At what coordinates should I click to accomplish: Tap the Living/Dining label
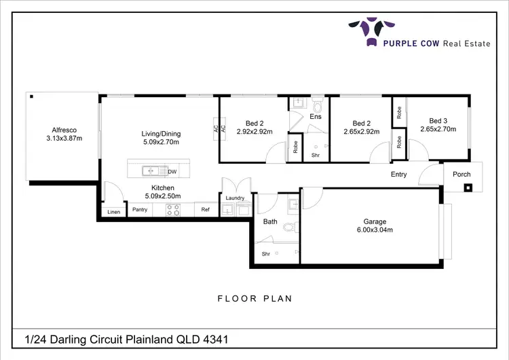(x=160, y=134)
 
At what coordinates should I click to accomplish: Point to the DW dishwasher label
(x=172, y=172)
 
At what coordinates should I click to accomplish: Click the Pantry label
(x=140, y=210)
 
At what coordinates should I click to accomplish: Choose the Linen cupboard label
(x=113, y=213)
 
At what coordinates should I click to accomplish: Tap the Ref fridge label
(x=206, y=210)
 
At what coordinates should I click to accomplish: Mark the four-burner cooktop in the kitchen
(x=172, y=210)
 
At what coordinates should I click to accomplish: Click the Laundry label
(x=235, y=198)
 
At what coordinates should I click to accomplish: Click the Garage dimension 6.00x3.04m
(x=374, y=230)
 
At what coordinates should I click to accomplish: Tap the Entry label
(x=398, y=175)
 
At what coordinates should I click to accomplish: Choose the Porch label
(x=461, y=175)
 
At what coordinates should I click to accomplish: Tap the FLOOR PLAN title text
(x=254, y=298)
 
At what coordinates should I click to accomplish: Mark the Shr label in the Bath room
(x=266, y=254)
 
